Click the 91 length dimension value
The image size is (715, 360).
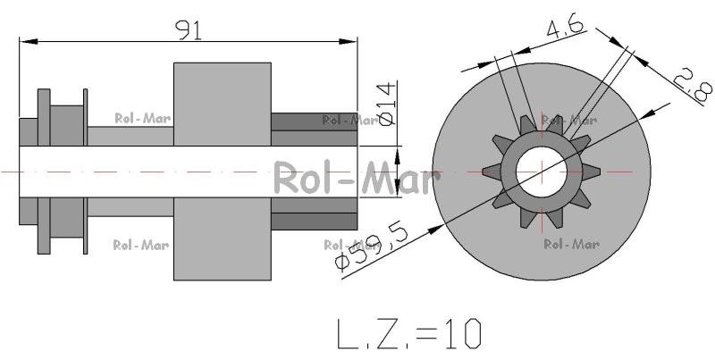click(189, 30)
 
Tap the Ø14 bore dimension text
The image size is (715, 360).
click(386, 105)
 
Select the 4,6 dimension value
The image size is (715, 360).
click(566, 28)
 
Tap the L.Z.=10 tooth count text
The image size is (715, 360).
click(409, 333)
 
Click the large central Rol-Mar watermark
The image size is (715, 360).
click(357, 178)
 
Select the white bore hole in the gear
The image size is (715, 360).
click(542, 172)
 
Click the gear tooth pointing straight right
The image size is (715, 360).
click(591, 172)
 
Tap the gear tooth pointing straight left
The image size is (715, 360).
click(492, 172)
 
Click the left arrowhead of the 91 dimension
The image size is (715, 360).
click(29, 41)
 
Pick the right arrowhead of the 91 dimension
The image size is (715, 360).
click(348, 41)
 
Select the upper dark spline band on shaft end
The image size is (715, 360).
click(315, 121)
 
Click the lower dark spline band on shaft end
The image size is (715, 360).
click(315, 222)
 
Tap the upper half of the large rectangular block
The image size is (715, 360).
click(223, 104)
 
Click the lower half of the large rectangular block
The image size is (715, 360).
click(223, 239)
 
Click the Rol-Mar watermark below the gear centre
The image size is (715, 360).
click(571, 244)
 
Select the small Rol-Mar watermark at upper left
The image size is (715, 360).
click(143, 119)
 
